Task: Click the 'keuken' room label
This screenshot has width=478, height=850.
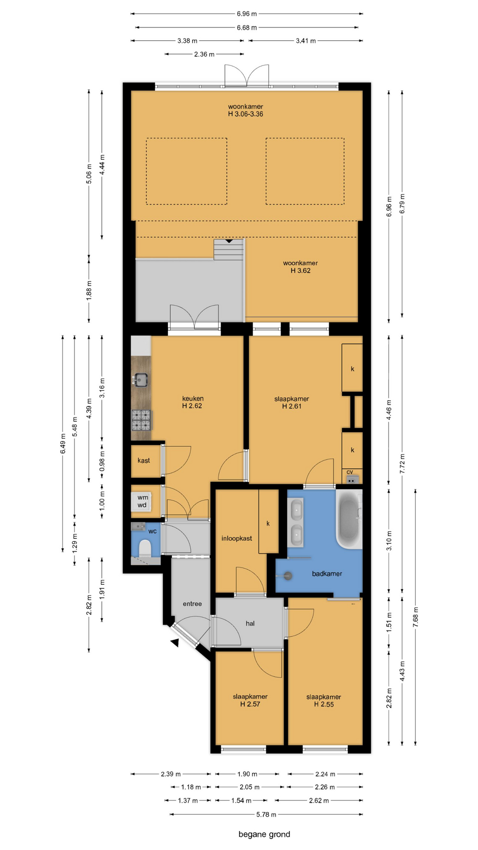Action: click(193, 398)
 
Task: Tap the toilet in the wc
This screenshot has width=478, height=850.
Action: click(145, 548)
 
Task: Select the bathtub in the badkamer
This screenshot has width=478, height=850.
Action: click(349, 519)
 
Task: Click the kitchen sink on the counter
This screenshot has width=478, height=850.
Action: click(141, 380)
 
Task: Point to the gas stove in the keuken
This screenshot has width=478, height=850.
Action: click(141, 420)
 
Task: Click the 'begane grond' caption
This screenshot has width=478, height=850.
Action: click(264, 834)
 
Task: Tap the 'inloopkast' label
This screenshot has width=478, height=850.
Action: click(237, 538)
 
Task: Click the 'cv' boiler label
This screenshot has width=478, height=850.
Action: click(350, 472)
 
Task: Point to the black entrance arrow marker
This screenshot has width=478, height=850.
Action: click(175, 643)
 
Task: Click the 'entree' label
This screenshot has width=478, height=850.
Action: click(192, 604)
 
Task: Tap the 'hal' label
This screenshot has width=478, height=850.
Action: click(250, 623)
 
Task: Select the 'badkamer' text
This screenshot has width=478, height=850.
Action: click(327, 574)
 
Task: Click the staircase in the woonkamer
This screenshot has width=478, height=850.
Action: click(229, 250)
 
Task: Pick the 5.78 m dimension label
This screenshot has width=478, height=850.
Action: click(266, 815)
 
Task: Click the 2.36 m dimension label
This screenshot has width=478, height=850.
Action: click(204, 54)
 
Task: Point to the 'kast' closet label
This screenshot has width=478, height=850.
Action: click(143, 460)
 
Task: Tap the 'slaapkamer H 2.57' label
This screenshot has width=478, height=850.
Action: click(250, 700)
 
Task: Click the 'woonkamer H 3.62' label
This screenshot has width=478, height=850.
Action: click(301, 267)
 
